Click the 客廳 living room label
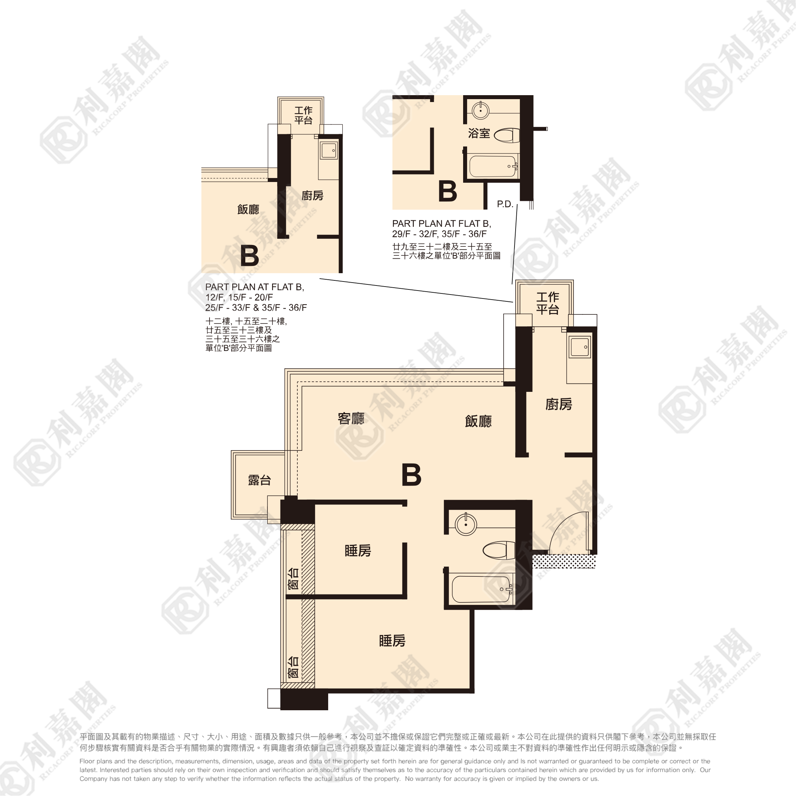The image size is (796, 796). [351, 419]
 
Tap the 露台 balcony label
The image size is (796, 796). [259, 480]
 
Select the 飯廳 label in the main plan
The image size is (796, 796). [478, 421]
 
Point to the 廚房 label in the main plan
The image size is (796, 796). [559, 404]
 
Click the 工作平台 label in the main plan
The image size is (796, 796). [547, 303]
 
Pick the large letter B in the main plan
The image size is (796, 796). [411, 475]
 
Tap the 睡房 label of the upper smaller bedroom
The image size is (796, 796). [357, 550]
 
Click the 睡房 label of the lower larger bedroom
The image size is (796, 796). [392, 641]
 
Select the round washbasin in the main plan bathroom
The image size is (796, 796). [466, 525]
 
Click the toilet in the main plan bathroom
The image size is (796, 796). [499, 550]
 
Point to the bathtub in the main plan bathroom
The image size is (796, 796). [482, 589]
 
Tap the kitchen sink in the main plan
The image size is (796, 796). [580, 347]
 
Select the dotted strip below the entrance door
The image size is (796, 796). [564, 562]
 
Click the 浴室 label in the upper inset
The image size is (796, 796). [479, 133]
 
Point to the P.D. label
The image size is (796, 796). [505, 204]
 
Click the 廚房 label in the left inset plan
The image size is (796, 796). [312, 195]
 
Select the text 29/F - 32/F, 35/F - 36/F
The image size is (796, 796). [439, 234]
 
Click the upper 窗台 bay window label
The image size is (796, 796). [293, 579]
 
